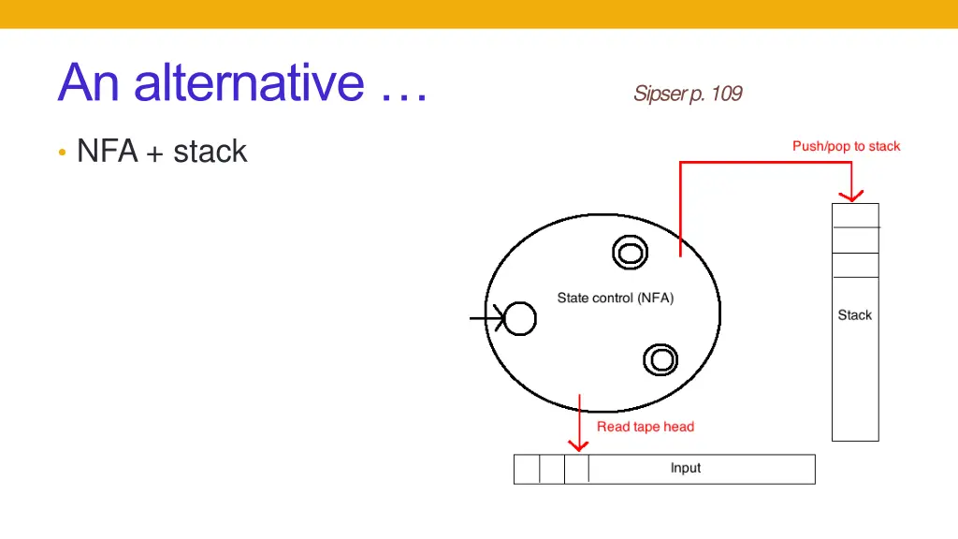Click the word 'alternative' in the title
pos(248,82)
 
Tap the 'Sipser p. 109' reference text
pos(687,94)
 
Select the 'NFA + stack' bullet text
pos(162,152)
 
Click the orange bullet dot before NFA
pos(61,153)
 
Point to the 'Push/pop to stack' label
pos(846,146)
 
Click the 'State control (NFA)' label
pos(615,299)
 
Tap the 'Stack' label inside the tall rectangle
pos(854,315)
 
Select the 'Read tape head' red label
pos(646,427)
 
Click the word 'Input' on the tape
pos(685,468)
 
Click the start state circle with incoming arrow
pos(520,319)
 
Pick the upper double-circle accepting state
pos(629,252)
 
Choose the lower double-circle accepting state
pos(660,359)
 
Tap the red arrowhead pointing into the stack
pos(850,195)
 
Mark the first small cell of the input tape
pos(527,469)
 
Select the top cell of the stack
pos(855,215)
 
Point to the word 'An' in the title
pos(91,82)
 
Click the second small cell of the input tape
pos(552,469)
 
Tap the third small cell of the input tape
pos(576,469)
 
